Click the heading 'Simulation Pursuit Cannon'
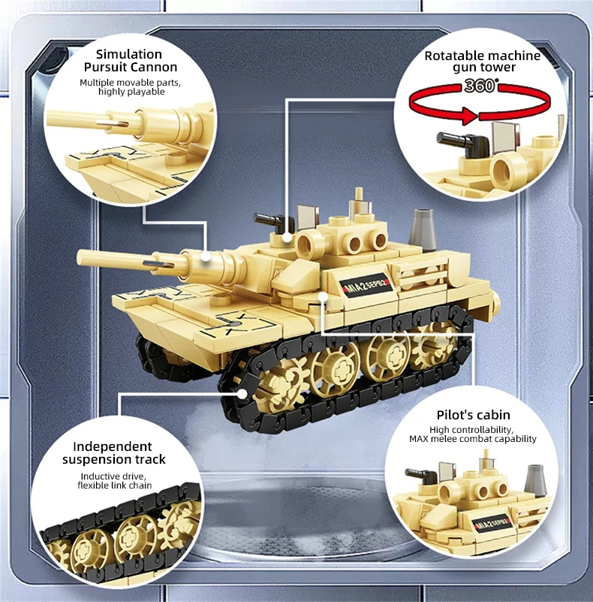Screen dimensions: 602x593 coord(130,61)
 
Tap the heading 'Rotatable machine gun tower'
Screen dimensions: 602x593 coord(482,62)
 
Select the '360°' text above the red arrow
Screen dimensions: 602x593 coord(480,85)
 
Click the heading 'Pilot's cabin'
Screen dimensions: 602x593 coord(473,415)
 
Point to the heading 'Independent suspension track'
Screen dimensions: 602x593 coord(113,452)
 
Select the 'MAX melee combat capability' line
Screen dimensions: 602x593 coord(473,439)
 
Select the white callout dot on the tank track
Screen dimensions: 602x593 coord(242,392)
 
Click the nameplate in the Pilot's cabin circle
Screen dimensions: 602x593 coord(488,522)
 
